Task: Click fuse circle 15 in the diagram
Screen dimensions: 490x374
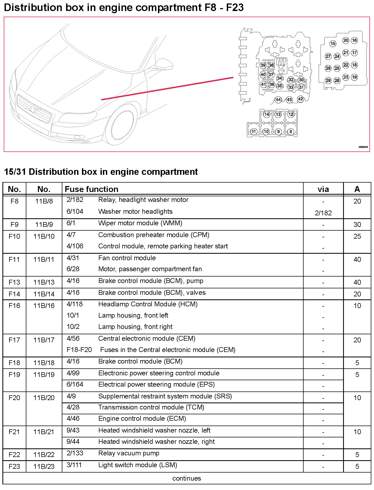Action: [333, 43]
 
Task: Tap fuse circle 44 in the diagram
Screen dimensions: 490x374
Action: [278, 100]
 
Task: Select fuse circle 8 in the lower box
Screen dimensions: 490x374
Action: [290, 132]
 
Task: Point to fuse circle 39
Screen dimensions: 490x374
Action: [263, 65]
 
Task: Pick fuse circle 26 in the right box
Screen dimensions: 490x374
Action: [337, 80]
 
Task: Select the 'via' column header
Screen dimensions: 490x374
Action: [323, 189]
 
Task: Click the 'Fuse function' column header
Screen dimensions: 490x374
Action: [91, 189]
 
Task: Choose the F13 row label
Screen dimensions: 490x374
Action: [14, 282]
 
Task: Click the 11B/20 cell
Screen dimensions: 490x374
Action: [44, 398]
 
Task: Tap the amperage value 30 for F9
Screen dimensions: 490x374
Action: [357, 224]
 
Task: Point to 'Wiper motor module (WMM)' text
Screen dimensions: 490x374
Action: [140, 223]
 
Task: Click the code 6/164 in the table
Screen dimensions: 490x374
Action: [75, 384]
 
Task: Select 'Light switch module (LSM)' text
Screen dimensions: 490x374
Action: [138, 465]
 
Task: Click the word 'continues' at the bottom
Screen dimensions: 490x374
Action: [186, 478]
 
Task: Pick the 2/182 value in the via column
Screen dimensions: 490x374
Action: [323, 213]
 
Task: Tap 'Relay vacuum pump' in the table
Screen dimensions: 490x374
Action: [129, 453]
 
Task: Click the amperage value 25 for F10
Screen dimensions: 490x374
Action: [357, 236]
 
